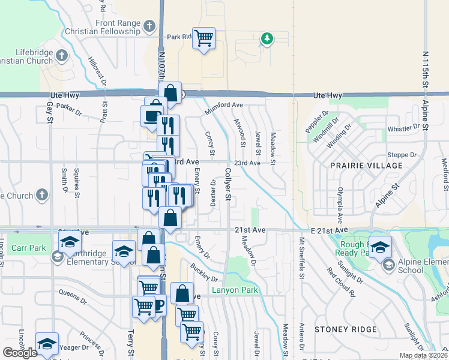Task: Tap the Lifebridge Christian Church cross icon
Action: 62,57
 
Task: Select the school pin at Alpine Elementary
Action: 379,247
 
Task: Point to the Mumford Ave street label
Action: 224,106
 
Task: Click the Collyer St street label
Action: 228,184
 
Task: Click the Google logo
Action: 20,353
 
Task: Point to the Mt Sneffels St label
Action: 302,254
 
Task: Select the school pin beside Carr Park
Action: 70,242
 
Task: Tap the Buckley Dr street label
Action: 204,273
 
